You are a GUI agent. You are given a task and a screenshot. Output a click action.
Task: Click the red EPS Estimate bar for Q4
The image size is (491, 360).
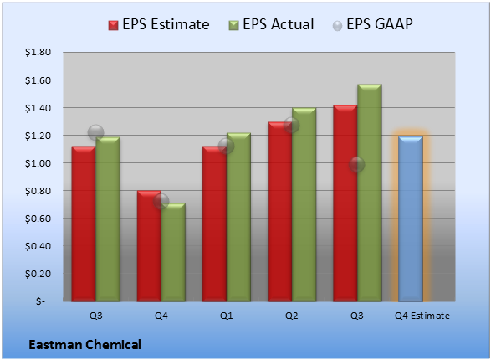(x=149, y=246)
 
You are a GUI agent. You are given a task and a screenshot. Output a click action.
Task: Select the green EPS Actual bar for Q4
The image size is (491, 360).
(x=173, y=252)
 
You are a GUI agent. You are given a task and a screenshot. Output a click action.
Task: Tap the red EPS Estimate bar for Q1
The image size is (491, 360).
(x=214, y=224)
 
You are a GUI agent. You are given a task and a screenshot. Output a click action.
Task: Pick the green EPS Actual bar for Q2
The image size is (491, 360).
(x=304, y=204)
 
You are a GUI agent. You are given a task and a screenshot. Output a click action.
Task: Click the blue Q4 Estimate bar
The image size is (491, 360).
(x=411, y=219)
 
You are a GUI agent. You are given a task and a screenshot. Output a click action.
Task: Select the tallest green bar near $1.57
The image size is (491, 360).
(x=370, y=193)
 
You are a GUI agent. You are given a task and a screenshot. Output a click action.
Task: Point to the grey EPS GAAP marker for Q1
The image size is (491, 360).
(x=226, y=146)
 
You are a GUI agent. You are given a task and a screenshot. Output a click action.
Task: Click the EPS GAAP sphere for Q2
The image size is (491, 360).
(x=291, y=126)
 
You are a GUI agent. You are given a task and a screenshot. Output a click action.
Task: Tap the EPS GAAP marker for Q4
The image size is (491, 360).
(x=161, y=202)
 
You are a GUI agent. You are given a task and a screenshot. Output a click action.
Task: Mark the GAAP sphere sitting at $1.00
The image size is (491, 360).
(x=356, y=164)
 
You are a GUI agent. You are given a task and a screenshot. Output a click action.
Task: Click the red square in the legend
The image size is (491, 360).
(x=114, y=25)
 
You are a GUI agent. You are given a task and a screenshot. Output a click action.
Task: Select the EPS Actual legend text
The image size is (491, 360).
(x=278, y=24)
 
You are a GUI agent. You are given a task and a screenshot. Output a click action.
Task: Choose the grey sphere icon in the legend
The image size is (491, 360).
(x=337, y=26)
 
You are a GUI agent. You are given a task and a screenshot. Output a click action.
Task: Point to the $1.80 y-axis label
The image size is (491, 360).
(x=38, y=52)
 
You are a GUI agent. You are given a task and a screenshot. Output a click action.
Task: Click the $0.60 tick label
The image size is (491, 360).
(x=38, y=219)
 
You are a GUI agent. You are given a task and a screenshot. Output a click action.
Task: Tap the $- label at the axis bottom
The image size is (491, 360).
(x=40, y=301)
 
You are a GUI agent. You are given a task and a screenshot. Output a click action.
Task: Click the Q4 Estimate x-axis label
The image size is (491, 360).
(x=422, y=316)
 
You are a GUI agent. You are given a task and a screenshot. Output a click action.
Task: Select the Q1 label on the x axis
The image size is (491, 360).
(x=226, y=316)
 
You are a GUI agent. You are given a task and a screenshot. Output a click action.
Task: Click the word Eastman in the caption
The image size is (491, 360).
(x=55, y=345)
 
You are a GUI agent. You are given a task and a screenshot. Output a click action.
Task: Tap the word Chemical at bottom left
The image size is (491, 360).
(x=113, y=345)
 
